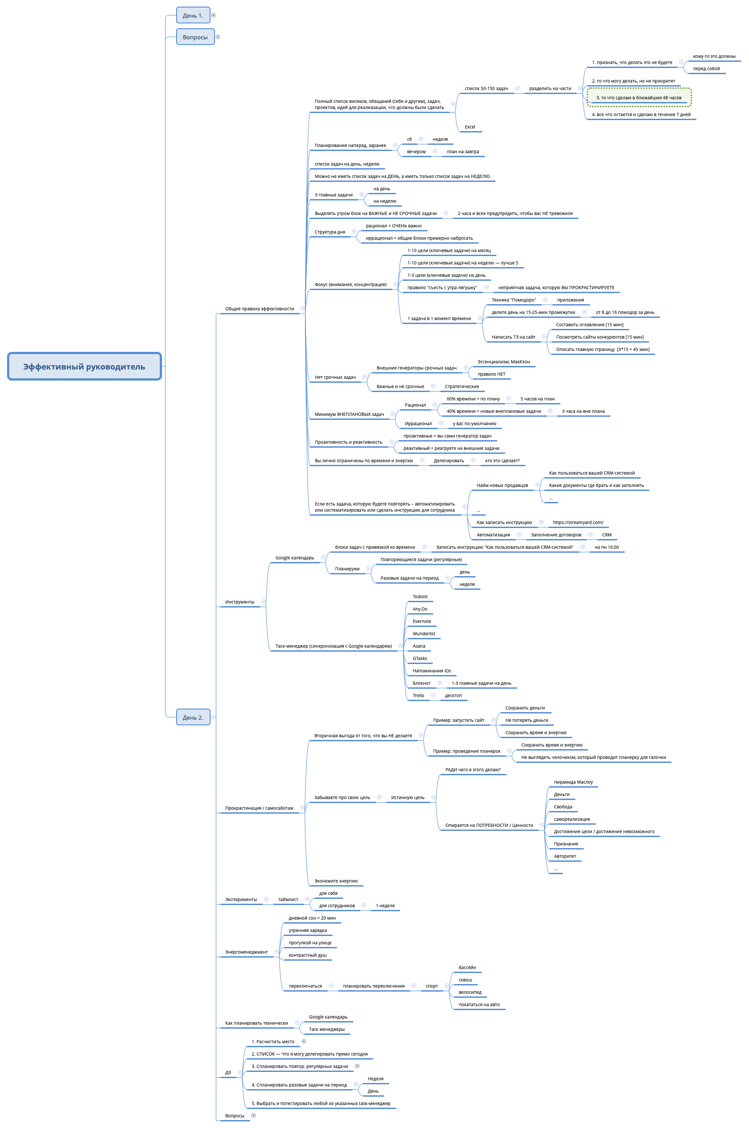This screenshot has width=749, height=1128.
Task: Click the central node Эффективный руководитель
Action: click(x=84, y=366)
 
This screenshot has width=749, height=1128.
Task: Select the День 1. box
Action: click(x=193, y=15)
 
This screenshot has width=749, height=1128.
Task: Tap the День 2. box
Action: click(x=193, y=717)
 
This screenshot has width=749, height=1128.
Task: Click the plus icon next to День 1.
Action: click(x=214, y=15)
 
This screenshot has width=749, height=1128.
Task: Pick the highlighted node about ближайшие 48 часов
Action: click(x=639, y=98)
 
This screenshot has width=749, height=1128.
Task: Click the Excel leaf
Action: click(x=470, y=127)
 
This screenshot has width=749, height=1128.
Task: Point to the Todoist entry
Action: click(x=420, y=597)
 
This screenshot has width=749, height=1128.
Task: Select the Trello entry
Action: click(x=418, y=696)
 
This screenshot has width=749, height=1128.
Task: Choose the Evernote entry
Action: click(x=422, y=622)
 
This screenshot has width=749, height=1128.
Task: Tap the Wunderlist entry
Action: click(x=424, y=634)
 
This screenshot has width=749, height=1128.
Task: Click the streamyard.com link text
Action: click(x=578, y=523)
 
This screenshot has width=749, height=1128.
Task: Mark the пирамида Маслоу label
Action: click(x=573, y=782)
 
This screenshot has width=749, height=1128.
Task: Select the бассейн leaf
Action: click(x=467, y=967)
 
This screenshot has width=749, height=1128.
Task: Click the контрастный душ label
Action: click(x=308, y=955)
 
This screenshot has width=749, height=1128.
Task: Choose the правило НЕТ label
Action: click(x=491, y=374)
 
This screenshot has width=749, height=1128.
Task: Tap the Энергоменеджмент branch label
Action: click(x=246, y=952)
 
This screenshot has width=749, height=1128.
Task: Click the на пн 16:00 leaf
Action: click(x=606, y=547)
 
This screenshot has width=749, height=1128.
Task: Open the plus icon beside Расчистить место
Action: click(x=304, y=1041)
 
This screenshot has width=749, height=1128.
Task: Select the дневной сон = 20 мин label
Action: click(x=312, y=918)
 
